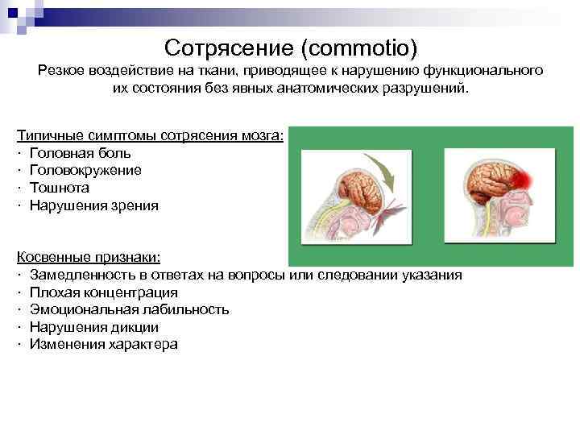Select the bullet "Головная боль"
tap(80, 152)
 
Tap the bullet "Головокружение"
tap(85, 170)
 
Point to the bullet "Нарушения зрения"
tap(93, 205)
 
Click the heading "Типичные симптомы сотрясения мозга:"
tap(150, 135)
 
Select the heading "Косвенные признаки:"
tap(89, 257)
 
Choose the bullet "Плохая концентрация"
tap(104, 292)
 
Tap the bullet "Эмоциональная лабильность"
tap(129, 310)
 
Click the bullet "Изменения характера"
tap(103, 345)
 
